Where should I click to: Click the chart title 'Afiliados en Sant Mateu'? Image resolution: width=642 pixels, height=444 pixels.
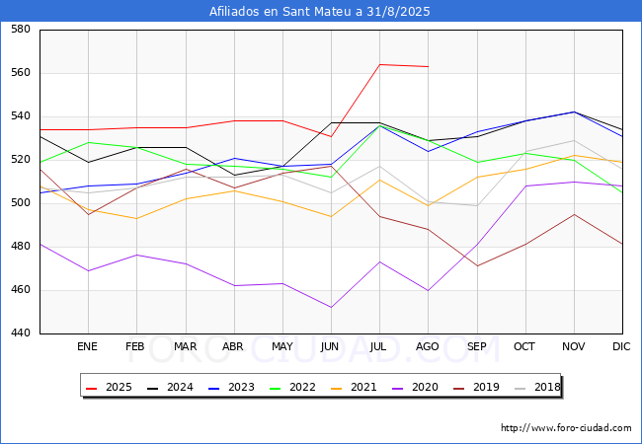[x=282, y=12]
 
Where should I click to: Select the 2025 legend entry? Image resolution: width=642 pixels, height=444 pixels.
[x=109, y=387]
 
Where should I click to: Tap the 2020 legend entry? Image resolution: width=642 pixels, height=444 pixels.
[x=415, y=387]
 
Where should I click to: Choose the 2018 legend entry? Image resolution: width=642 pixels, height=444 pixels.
[x=537, y=387]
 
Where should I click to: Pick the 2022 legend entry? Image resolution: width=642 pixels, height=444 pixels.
[x=292, y=387]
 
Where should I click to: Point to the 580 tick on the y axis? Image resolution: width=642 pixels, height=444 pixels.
[x=21, y=29]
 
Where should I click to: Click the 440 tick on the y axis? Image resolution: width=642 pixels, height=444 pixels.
[x=21, y=333]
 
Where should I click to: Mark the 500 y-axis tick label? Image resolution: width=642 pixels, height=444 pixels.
[x=21, y=203]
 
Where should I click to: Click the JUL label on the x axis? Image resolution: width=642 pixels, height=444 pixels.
[x=378, y=346]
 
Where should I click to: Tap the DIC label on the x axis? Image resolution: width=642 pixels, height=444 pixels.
[x=621, y=346]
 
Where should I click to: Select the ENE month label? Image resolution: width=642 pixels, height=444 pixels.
[x=87, y=346]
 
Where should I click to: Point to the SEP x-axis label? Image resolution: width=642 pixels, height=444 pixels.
[x=477, y=346]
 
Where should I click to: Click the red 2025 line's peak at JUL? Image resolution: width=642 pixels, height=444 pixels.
[x=380, y=64]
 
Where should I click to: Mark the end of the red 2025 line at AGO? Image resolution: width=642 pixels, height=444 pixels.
[x=429, y=67]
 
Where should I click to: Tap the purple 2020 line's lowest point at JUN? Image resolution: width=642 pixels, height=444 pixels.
[x=331, y=308]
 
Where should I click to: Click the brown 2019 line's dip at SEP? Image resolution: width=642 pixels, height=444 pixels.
[x=477, y=266]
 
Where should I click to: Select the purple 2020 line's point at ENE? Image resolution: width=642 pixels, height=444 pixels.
[x=89, y=270]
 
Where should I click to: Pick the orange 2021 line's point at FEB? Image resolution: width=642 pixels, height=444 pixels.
[x=136, y=218]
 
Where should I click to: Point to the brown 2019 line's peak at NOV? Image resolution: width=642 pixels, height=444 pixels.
[x=575, y=214]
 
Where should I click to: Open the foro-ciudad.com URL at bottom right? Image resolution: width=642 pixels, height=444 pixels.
[x=566, y=428]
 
